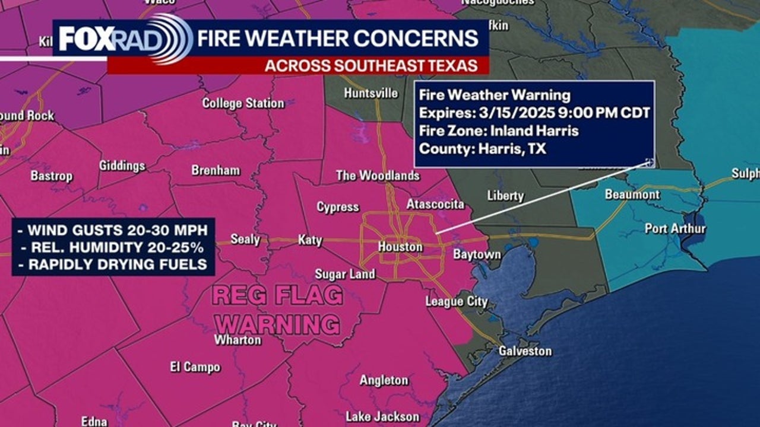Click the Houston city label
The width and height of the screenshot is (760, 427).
400,247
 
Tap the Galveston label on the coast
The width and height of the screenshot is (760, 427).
525,351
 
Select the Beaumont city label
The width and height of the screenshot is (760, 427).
632,195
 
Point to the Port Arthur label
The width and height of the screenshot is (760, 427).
675,228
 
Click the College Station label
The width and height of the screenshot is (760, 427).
243,103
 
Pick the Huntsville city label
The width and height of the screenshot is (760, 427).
370,93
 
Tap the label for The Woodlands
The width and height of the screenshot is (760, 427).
378,176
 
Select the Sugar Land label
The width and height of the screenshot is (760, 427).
344,274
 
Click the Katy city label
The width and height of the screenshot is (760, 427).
310,240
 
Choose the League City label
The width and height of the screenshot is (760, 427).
456,301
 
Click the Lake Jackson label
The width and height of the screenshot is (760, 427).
382,416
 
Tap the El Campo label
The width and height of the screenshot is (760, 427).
195,367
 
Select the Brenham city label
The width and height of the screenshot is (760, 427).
216,170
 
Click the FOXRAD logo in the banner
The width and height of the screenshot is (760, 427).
125,39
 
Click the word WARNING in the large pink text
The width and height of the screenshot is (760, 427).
277,324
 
